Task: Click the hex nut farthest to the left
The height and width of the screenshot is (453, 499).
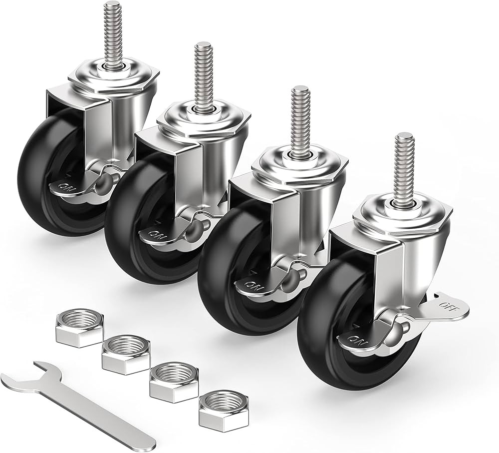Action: click(x=79, y=327)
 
